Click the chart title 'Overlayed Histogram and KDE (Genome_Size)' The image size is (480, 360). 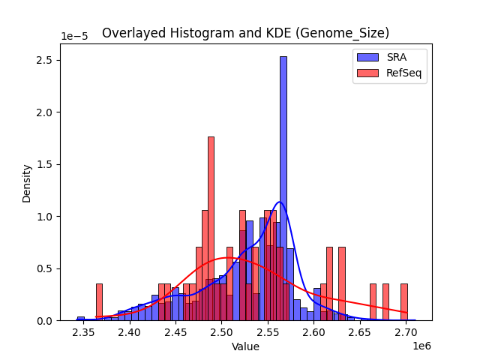(246, 33)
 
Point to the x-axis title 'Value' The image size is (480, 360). (245, 346)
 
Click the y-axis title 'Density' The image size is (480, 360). (27, 183)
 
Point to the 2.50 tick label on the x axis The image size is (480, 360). (222, 331)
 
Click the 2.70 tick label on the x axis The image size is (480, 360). (406, 331)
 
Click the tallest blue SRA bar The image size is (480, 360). (283, 187)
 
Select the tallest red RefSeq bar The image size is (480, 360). (211, 225)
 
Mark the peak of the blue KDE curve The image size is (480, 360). (280, 202)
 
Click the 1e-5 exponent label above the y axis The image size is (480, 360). (73, 37)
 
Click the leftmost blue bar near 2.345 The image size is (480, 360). (80, 319)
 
